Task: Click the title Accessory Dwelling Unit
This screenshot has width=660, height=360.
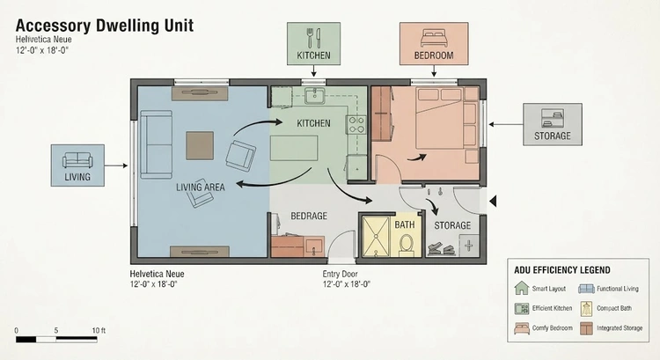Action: point(105,26)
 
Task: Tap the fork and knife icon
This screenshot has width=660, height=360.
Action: point(313,38)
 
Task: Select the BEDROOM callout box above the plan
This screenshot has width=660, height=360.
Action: point(434,44)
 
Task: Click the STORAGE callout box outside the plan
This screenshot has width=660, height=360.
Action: point(553,124)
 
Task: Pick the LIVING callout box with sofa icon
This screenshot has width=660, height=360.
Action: point(77,165)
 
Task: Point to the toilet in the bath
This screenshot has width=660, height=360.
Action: point(407,245)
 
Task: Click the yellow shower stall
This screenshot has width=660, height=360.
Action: point(376,236)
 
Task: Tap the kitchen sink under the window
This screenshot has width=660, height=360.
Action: point(314,96)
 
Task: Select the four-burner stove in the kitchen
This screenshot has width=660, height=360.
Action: point(356,125)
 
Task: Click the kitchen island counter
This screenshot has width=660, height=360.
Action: point(294,148)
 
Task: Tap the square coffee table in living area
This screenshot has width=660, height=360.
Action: point(200,146)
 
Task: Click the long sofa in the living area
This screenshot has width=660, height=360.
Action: point(156,144)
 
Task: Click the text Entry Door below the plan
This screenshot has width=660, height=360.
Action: point(340,274)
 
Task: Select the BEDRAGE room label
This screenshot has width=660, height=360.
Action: point(309,216)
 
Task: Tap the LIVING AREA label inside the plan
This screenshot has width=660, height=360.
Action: point(201,187)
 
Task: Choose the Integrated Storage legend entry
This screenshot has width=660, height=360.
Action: point(612,328)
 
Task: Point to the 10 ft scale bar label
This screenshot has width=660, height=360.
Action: point(99,331)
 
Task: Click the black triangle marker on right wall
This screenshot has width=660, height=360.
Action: point(493,202)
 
